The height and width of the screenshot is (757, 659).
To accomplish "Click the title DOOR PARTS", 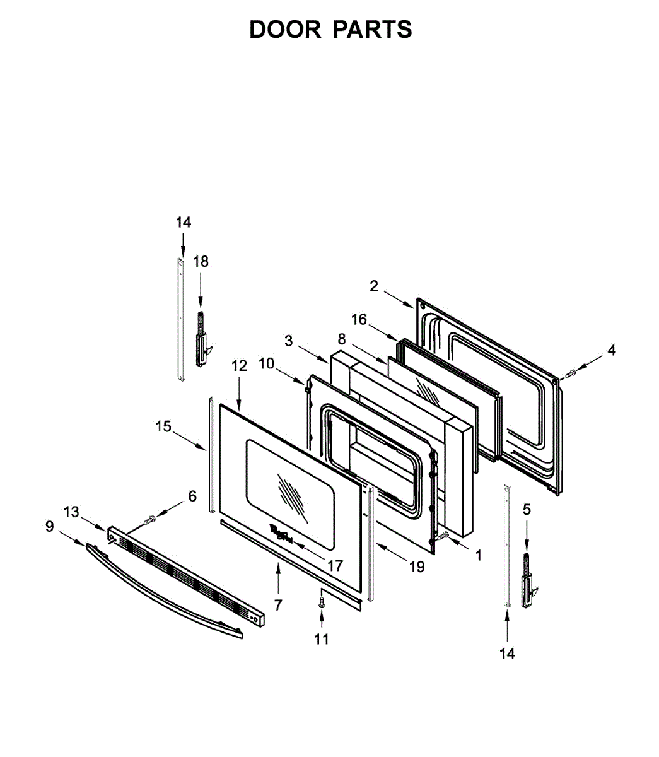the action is pyautogui.click(x=330, y=30).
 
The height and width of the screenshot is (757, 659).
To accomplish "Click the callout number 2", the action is pyautogui.click(x=374, y=286).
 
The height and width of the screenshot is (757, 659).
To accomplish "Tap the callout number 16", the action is pyautogui.click(x=359, y=320).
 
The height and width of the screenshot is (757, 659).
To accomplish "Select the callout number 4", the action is pyautogui.click(x=611, y=351).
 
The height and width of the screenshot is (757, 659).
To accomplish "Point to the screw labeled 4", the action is pyautogui.click(x=571, y=373).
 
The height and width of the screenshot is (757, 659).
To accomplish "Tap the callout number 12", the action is pyautogui.click(x=239, y=365).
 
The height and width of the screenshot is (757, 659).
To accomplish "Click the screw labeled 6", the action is pyautogui.click(x=151, y=520).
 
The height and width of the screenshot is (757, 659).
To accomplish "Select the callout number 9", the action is pyautogui.click(x=50, y=525).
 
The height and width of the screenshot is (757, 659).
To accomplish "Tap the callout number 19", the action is pyautogui.click(x=416, y=566).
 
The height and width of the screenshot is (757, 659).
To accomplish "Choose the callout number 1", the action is pyautogui.click(x=478, y=555).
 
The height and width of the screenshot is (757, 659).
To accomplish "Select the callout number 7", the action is pyautogui.click(x=278, y=605).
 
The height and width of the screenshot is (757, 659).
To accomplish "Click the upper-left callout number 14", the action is pyautogui.click(x=183, y=222).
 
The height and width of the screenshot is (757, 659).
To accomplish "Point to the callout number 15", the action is pyautogui.click(x=163, y=426).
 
